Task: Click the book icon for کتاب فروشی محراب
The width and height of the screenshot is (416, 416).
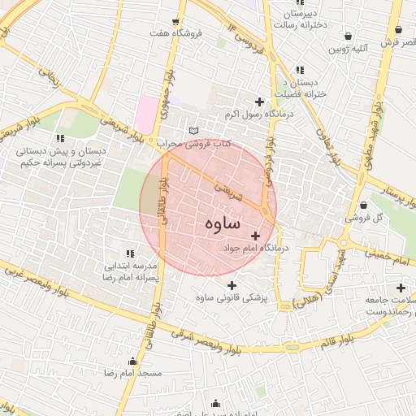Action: pyautogui.click(x=193, y=130)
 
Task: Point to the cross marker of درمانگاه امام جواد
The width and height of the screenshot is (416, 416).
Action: pyautogui.click(x=256, y=236)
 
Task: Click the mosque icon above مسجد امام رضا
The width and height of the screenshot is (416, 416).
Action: pyautogui.click(x=133, y=361)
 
